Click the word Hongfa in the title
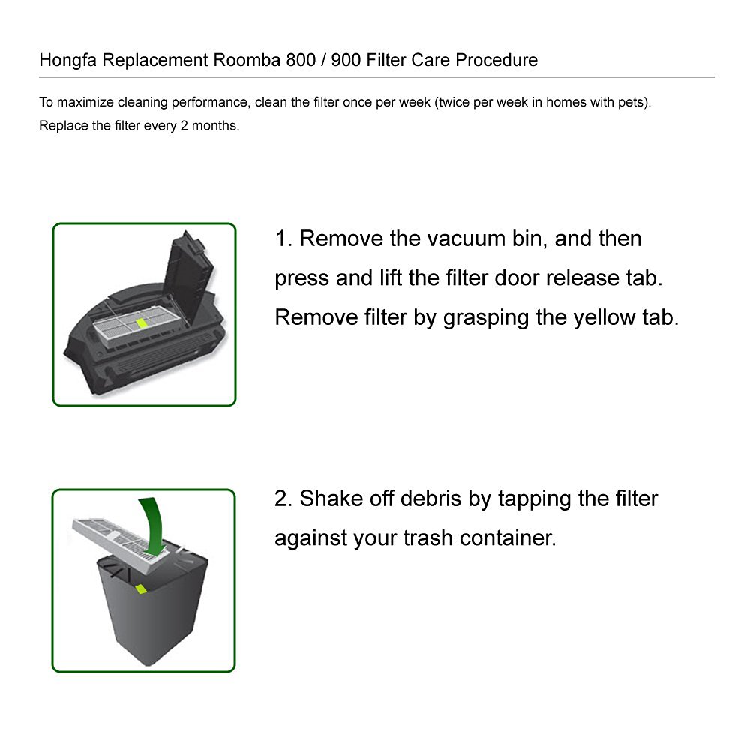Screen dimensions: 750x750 click(68, 61)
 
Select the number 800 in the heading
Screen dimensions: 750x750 click(301, 60)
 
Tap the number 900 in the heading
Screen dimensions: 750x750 click(346, 60)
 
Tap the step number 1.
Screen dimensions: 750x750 click(282, 238)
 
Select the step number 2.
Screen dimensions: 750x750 click(282, 499)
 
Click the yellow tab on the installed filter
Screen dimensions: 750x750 click(142, 322)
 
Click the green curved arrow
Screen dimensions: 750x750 click(153, 527)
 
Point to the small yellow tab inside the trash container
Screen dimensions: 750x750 click(141, 589)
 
